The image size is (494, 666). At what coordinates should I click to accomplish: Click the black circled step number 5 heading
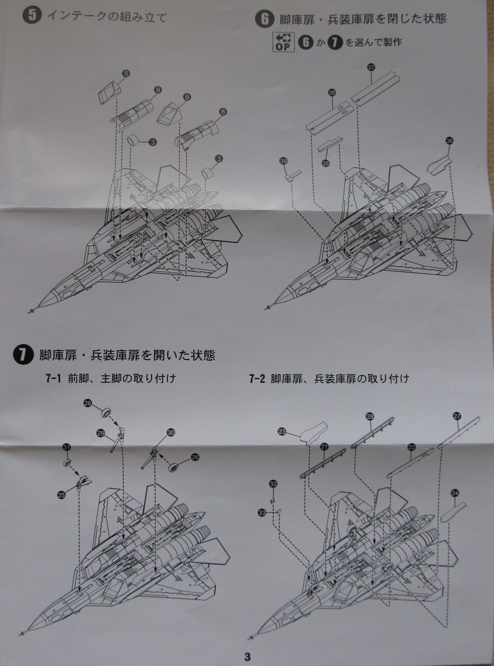29,16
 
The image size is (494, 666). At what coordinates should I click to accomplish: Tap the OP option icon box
283,42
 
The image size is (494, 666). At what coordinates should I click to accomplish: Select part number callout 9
158,90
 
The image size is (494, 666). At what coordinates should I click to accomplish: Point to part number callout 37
371,67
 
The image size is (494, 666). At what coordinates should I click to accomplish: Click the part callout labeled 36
449,140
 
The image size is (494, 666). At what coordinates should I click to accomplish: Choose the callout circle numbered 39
283,161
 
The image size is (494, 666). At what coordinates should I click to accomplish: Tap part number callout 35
326,163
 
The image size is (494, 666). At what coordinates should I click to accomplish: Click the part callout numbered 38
332,92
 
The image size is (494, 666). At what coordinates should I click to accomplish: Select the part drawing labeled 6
170,115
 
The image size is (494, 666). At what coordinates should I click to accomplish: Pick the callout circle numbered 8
223,112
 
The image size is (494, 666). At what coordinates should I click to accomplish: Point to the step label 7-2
257,378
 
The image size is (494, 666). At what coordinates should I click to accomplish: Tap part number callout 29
101,433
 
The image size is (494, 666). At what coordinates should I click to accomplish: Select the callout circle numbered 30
171,432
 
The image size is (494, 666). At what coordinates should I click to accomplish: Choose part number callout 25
61,495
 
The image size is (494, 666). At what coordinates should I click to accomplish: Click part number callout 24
454,493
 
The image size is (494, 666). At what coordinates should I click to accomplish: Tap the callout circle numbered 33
261,513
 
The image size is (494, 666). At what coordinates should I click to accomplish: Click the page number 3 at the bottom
248,656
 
